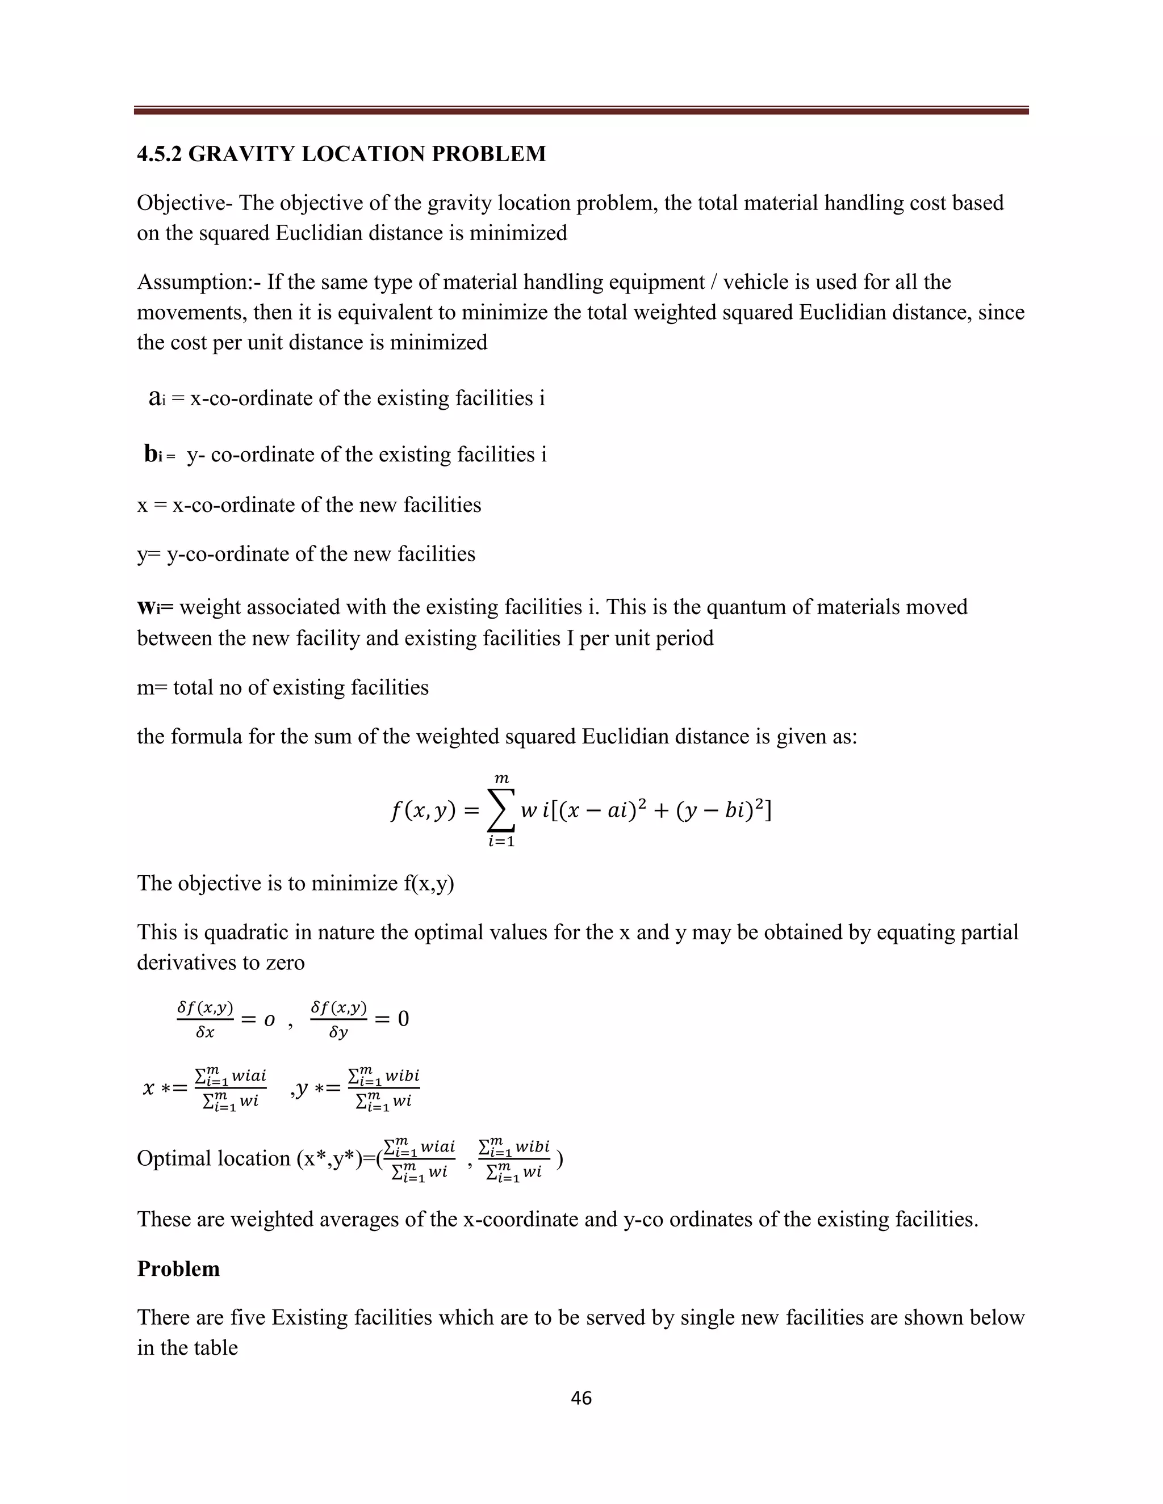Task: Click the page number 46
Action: click(x=581, y=1398)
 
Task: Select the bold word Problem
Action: click(x=178, y=1268)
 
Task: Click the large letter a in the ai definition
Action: click(x=154, y=397)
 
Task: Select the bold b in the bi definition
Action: click(x=150, y=454)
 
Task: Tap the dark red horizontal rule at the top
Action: click(x=581, y=110)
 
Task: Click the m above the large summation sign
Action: click(x=501, y=779)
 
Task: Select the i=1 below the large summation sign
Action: click(x=501, y=842)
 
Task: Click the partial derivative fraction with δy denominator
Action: click(x=338, y=1019)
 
